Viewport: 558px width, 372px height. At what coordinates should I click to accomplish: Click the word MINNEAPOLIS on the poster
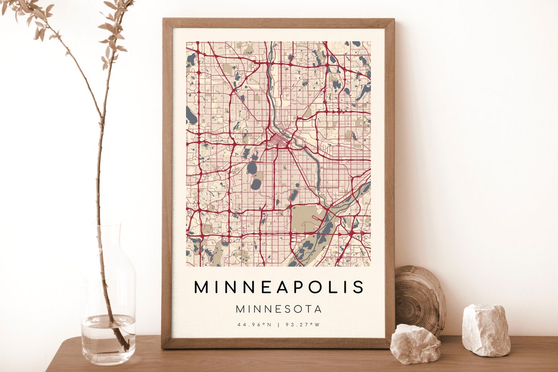(279, 287)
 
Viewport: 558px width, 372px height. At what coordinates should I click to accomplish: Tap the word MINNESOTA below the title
(279, 309)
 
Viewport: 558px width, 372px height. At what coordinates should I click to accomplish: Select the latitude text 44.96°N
(254, 324)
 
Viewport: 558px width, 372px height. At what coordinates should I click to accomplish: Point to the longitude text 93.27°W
(303, 324)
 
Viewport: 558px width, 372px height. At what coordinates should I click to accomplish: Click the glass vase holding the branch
(109, 310)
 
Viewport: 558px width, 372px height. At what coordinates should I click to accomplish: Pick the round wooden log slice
(420, 300)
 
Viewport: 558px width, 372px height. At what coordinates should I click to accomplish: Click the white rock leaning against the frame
(415, 344)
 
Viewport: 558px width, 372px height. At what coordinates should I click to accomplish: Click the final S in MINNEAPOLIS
(359, 287)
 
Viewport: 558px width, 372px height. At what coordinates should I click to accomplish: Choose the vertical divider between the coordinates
(278, 324)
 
